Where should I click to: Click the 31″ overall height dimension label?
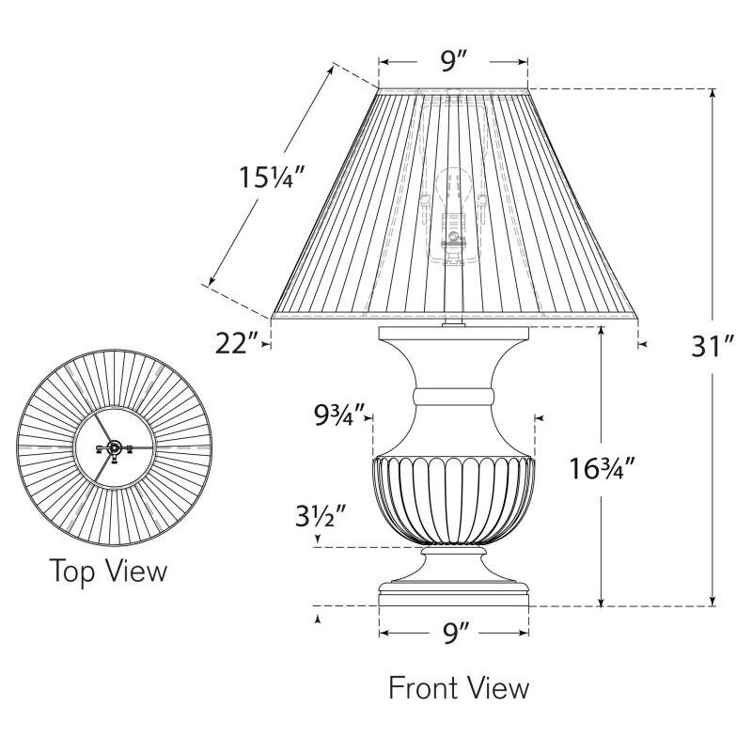click(711, 348)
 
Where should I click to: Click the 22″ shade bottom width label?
click(235, 345)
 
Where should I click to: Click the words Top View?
click(108, 570)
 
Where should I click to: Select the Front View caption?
click(459, 688)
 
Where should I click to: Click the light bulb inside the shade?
click(455, 188)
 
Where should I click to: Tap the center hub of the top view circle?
click(112, 448)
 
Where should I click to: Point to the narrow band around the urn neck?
click(455, 395)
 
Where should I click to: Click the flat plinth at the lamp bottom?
click(455, 598)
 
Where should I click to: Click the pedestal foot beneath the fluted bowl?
click(455, 567)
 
